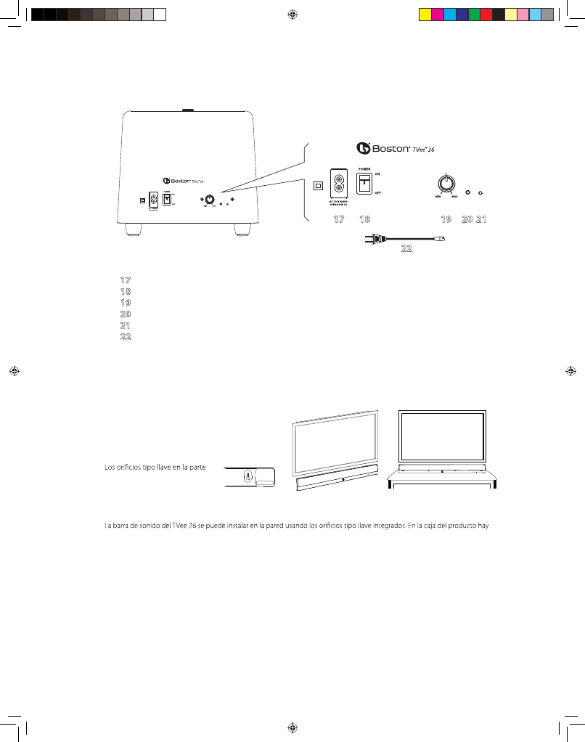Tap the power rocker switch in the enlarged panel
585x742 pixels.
(x=363, y=184)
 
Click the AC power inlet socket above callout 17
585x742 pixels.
(x=338, y=184)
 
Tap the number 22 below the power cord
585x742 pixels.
(x=406, y=248)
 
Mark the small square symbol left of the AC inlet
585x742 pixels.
(x=317, y=185)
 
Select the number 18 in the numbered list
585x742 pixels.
(x=125, y=290)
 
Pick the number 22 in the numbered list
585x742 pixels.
(x=125, y=337)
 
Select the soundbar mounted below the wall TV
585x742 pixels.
(x=335, y=480)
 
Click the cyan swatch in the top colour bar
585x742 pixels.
(x=449, y=14)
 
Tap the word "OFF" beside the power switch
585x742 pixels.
(x=378, y=194)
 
